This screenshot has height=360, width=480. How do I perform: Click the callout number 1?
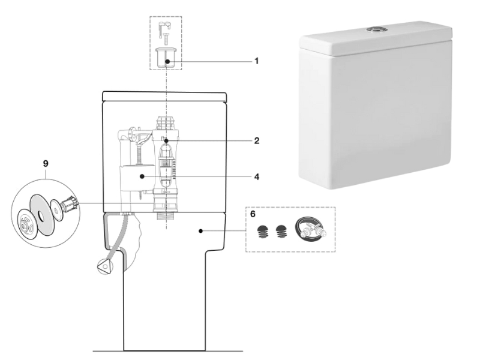[256, 61]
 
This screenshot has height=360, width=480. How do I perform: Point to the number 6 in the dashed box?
[253, 214]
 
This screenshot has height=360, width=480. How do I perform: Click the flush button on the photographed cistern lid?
[376, 28]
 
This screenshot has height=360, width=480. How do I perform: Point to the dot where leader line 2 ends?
[166, 140]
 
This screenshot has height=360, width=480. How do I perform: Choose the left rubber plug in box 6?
[262, 232]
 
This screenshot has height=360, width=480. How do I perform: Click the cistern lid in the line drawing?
[164, 96]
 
